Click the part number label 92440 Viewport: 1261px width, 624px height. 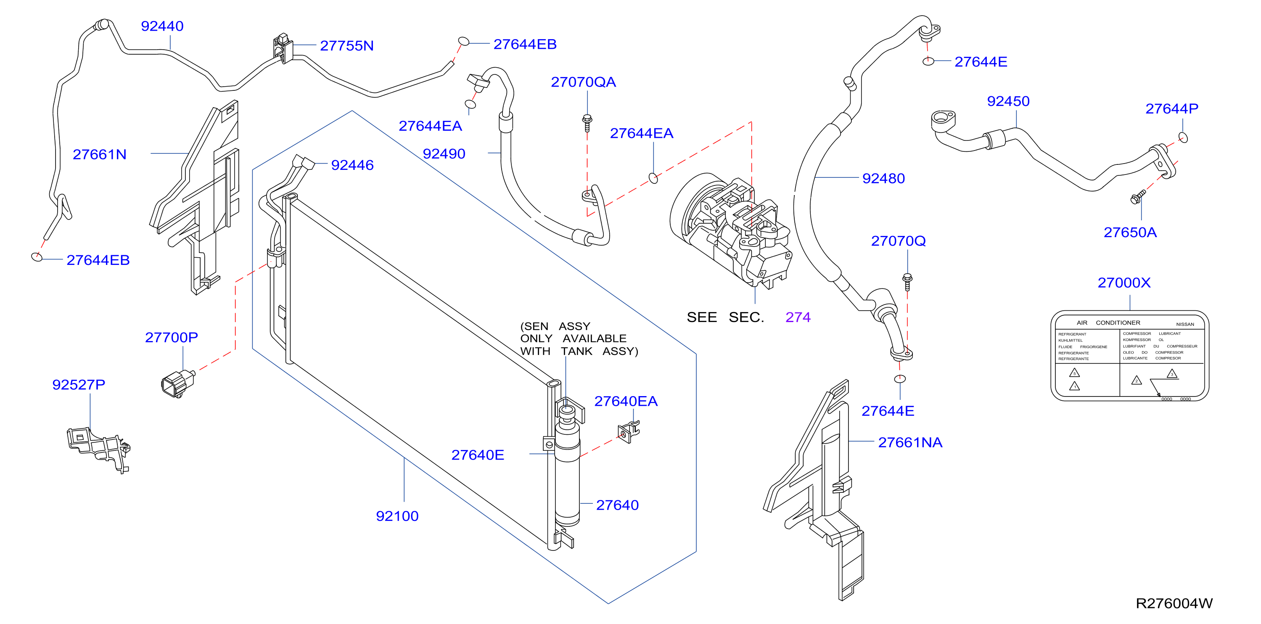[x=162, y=26]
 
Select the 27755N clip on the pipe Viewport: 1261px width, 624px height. [x=283, y=48]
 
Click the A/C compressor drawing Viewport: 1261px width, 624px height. [x=730, y=230]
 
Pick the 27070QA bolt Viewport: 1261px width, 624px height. [x=587, y=123]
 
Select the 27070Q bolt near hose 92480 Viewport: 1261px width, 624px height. [x=907, y=282]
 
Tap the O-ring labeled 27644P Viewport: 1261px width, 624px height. [x=1183, y=137]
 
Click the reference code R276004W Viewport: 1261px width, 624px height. [x=1174, y=603]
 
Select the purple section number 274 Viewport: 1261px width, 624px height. [x=798, y=317]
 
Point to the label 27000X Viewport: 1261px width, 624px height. [x=1124, y=283]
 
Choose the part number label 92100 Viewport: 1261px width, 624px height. [x=397, y=516]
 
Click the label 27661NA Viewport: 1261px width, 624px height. [x=910, y=442]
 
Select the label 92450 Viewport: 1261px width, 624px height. [x=1008, y=101]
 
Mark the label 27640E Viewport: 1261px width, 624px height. [x=478, y=455]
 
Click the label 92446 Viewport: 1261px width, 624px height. [x=352, y=165]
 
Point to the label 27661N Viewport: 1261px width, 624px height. [x=99, y=154]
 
